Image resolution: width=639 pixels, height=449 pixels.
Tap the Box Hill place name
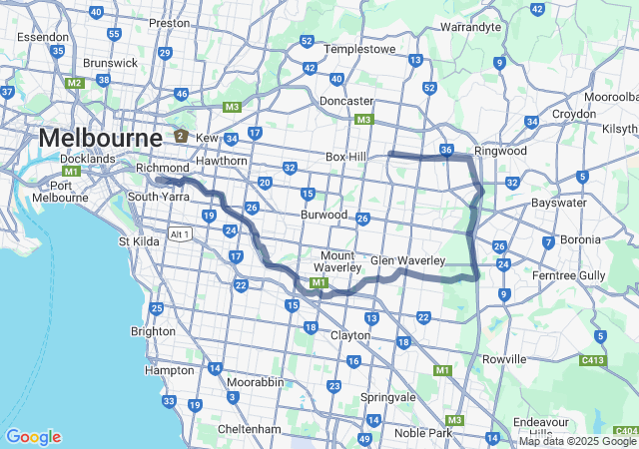[346, 157]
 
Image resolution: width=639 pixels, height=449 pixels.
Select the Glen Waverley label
[407, 260]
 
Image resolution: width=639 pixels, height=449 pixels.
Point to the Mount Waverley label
[337, 261]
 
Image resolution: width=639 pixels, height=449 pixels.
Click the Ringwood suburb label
[500, 151]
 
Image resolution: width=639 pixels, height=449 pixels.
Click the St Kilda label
[139, 240]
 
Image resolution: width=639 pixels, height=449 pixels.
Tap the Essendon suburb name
[43, 36]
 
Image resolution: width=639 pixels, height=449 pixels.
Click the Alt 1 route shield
[180, 233]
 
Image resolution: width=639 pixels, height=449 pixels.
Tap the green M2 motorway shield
[75, 83]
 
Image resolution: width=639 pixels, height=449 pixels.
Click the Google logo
[33, 437]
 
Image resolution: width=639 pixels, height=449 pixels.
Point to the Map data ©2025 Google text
[578, 441]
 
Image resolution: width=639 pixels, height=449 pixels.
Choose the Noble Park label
[424, 432]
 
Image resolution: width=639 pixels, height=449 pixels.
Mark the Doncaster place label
[346, 101]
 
